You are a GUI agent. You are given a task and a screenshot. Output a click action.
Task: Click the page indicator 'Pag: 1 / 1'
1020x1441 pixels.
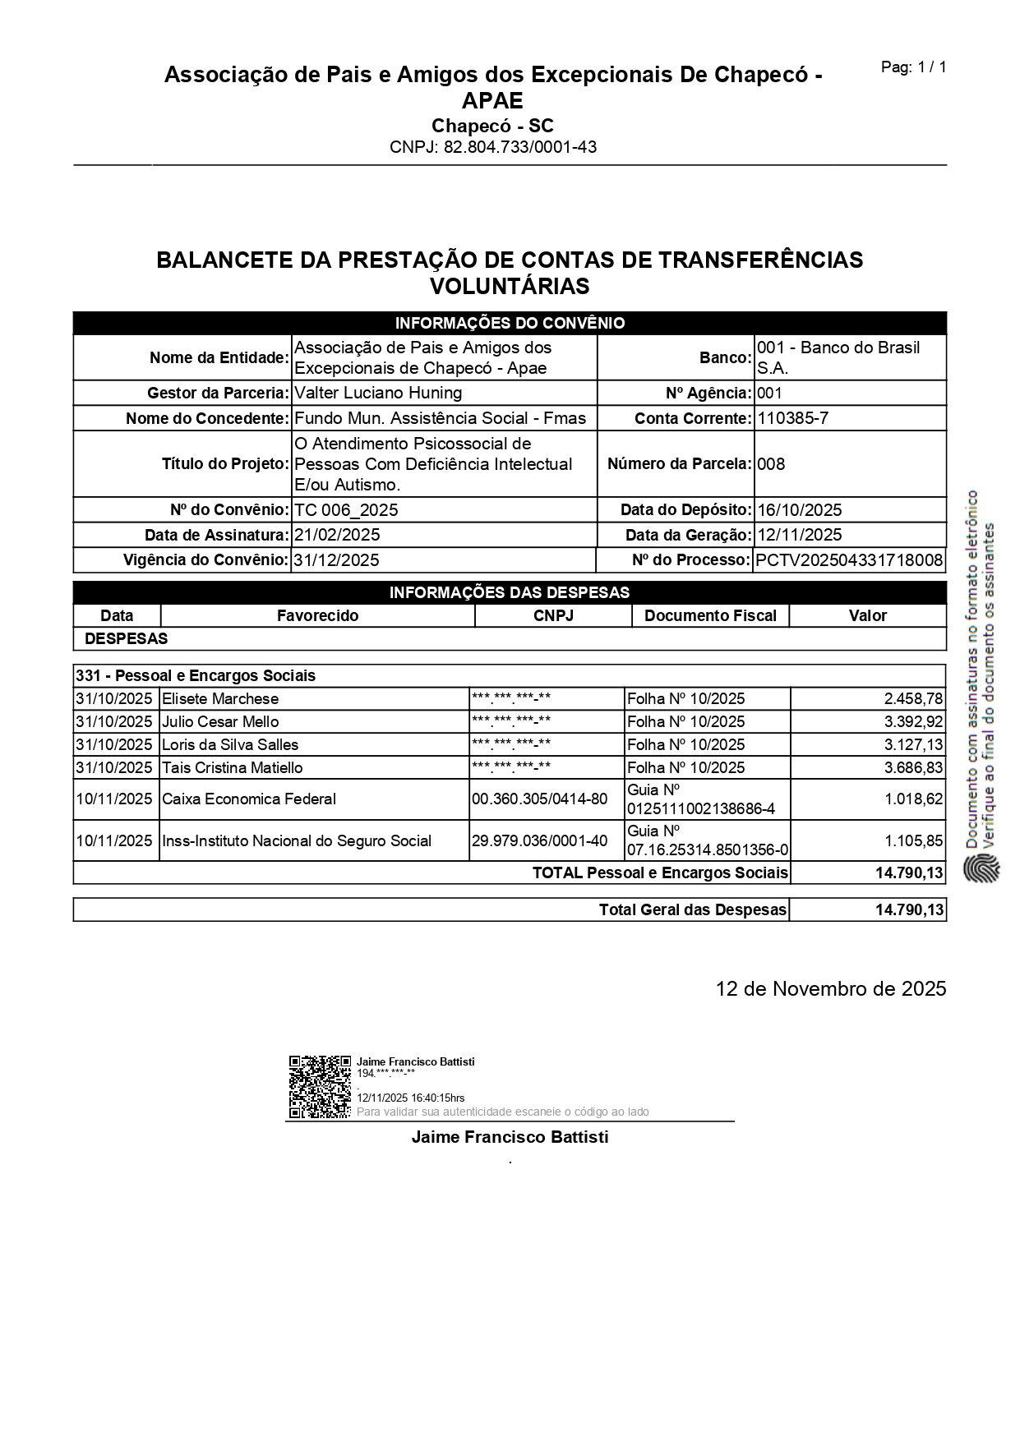coord(913,67)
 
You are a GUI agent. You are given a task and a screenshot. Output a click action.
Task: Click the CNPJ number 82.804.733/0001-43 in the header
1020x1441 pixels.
coord(493,147)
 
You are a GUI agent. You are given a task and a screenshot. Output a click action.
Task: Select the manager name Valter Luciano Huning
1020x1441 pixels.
coord(378,393)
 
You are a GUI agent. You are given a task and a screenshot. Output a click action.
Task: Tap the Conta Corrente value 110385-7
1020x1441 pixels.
coord(792,418)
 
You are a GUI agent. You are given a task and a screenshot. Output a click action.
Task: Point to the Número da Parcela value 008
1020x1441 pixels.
coord(771,464)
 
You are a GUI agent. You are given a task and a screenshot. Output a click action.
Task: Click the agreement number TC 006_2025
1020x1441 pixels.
coord(346,510)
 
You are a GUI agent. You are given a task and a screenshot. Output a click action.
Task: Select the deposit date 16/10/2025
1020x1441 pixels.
coord(800,510)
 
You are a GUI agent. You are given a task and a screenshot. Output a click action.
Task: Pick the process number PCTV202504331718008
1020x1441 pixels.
coord(849,560)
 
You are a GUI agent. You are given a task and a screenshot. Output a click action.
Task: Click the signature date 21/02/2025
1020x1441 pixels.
coord(337,535)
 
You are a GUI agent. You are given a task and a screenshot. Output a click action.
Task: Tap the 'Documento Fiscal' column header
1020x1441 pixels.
coord(710,615)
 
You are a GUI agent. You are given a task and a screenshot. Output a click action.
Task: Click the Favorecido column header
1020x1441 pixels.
coord(317,615)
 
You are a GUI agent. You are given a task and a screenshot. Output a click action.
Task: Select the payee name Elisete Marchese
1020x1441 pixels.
coord(220,699)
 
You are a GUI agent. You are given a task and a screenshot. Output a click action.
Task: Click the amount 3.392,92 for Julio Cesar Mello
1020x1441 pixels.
coord(913,722)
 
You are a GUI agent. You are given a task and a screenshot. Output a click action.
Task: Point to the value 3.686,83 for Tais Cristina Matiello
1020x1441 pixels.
coord(913,768)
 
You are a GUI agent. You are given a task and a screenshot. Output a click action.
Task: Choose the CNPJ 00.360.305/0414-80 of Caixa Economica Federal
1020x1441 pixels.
coord(540,799)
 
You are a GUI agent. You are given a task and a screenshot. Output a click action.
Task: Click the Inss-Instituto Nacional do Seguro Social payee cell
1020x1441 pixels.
coord(297,841)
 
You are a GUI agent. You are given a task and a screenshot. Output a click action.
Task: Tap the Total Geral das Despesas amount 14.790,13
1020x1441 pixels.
coord(909,909)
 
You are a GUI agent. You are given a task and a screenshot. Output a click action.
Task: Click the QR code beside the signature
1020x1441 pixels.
coord(320,1087)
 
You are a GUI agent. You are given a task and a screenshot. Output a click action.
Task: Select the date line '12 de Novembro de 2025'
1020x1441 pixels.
coord(830,988)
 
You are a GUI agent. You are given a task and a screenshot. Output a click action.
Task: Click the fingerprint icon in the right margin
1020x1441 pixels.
coord(981,869)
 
